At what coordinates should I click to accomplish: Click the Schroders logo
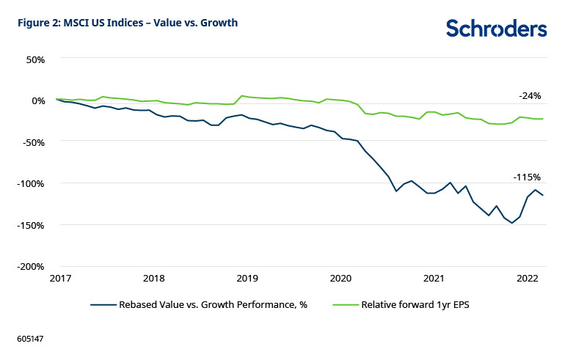[x=496, y=28]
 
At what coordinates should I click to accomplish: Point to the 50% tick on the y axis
[x=33, y=58]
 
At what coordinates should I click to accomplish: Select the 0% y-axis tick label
[x=35, y=100]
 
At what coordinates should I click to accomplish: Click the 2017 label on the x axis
[x=59, y=279]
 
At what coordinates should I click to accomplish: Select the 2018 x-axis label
[x=153, y=279]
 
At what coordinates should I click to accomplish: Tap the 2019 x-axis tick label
[x=247, y=279]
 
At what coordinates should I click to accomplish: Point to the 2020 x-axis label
[x=340, y=279]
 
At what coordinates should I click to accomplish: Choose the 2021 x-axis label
[x=434, y=279]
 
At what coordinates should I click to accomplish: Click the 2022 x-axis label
[x=528, y=279]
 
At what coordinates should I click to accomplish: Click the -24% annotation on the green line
[x=529, y=96]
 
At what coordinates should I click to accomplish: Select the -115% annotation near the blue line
[x=527, y=177]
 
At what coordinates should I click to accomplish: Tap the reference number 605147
[x=31, y=340]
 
